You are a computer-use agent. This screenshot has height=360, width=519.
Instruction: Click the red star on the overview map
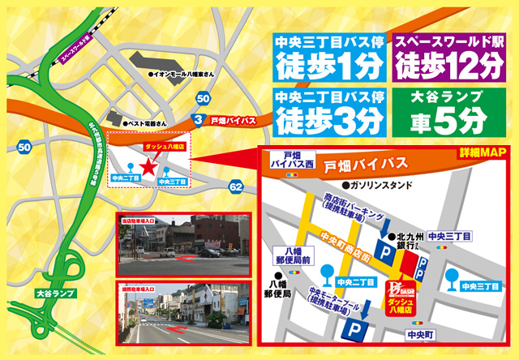pos(148,167)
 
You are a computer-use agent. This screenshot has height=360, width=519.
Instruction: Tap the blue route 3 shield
pos(197,120)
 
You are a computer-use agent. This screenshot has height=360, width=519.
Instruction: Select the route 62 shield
pos(236,187)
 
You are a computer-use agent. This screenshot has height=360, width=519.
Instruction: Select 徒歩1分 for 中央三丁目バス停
pos(329,62)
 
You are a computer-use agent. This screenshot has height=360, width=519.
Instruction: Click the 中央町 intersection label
pos(422,333)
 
